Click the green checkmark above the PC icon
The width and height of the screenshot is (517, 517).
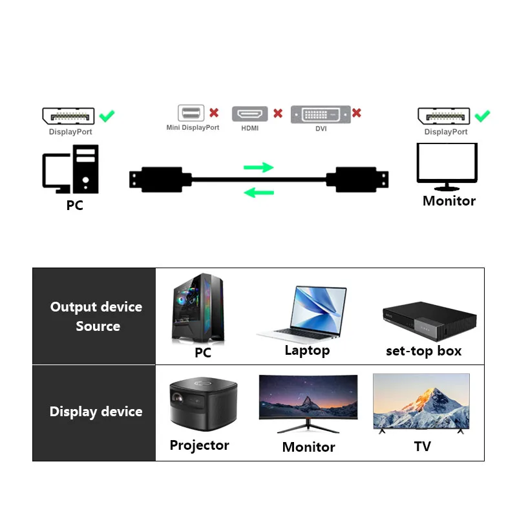coord(107,116)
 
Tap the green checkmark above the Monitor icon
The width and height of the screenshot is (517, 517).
coord(482,116)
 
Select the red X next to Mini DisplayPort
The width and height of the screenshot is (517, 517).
coord(214,113)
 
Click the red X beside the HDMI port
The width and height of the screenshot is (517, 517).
coord(278,113)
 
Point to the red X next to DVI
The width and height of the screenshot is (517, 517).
coord(356,113)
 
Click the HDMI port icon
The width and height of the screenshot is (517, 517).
coord(249,114)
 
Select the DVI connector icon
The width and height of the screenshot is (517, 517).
coord(321,114)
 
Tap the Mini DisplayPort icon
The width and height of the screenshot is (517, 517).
coord(191,114)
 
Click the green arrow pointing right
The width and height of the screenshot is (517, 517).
coord(258,167)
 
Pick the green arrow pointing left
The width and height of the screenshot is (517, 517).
coord(258,191)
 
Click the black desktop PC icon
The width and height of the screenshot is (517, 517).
coord(70,169)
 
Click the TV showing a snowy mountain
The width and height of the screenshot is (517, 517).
coord(421,403)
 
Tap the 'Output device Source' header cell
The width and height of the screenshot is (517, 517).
coord(95,316)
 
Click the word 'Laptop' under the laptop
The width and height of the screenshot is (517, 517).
coord(307,351)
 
